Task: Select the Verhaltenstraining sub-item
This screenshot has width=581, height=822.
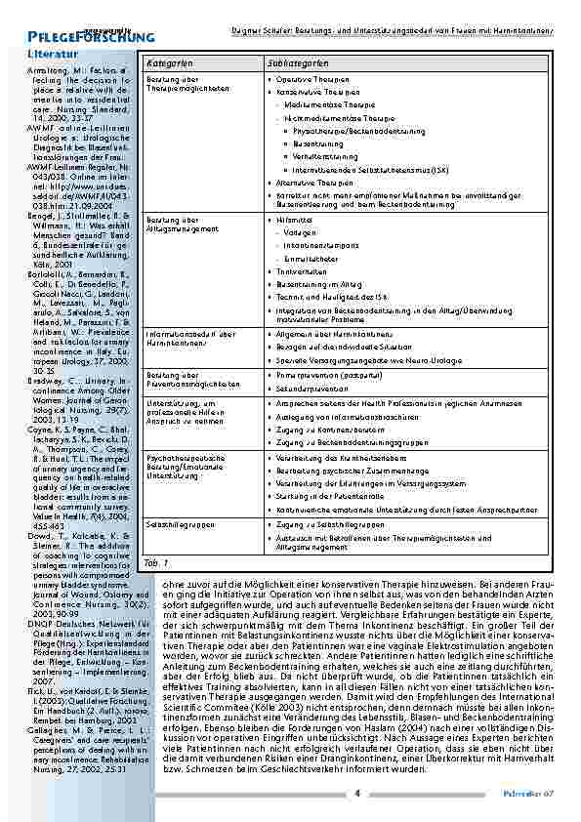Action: pyautogui.click(x=325, y=155)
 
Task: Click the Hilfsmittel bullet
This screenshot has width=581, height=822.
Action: pyautogui.click(x=288, y=220)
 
